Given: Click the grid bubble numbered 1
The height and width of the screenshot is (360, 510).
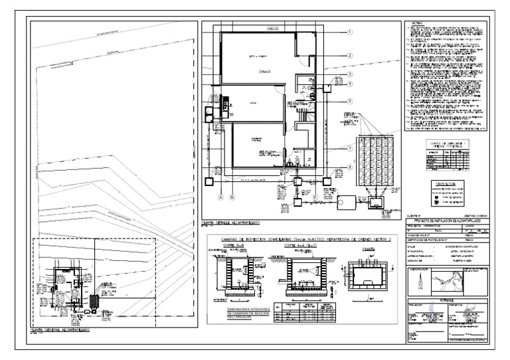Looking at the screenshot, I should click(349, 31).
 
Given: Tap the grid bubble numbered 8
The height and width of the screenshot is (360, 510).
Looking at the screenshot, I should click(349, 169).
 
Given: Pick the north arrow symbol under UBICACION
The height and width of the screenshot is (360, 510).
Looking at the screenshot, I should click(420, 282).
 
